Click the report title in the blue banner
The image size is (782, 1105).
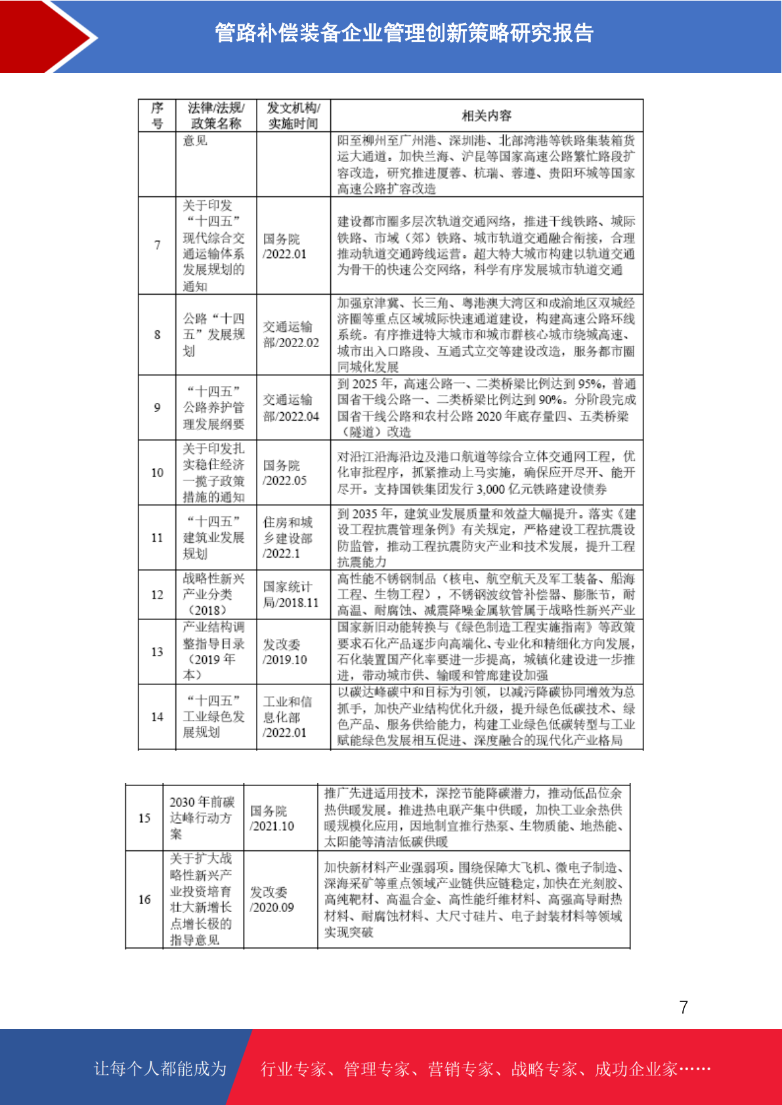pyautogui.click(x=404, y=33)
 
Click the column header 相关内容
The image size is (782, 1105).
pyautogui.click(x=486, y=115)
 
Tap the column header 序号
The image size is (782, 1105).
pyautogui.click(x=157, y=115)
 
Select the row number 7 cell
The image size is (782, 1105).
pyautogui.click(x=157, y=245)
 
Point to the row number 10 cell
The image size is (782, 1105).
pyautogui.click(x=157, y=472)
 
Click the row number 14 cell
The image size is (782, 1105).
pyautogui.click(x=157, y=717)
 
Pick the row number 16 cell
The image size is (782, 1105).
pyautogui.click(x=144, y=899)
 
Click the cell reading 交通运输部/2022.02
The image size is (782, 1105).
pyautogui.click(x=291, y=335)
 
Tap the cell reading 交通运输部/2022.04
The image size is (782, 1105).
pyautogui.click(x=291, y=407)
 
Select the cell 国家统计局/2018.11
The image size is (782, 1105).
pyautogui.click(x=291, y=594)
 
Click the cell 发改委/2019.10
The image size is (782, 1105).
pyautogui.click(x=285, y=652)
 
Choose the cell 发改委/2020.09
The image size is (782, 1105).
pyautogui.click(x=272, y=899)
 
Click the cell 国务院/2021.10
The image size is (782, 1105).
pyautogui.click(x=272, y=818)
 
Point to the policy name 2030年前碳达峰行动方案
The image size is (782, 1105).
pyautogui.click(x=202, y=818)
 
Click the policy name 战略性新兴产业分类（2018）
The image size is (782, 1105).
pyautogui.click(x=213, y=594)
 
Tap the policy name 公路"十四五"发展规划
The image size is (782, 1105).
pyautogui.click(x=213, y=335)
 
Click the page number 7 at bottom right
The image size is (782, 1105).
pyautogui.click(x=684, y=1007)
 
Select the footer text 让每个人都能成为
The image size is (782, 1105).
pyautogui.click(x=160, y=1069)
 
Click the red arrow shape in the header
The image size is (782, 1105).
pyautogui.click(x=49, y=36)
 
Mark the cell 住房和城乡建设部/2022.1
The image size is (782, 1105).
pyautogui.click(x=288, y=537)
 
